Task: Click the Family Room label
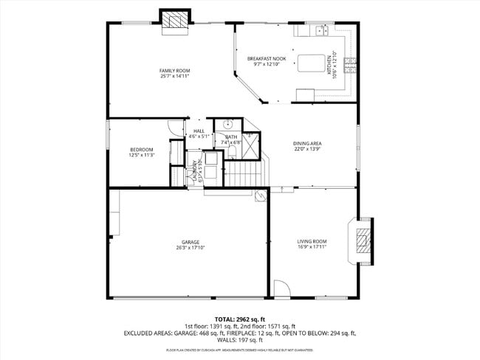click(171, 71)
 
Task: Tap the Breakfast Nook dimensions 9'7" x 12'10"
click(267, 64)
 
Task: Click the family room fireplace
click(175, 21)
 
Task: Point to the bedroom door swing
click(174, 127)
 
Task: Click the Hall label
click(199, 131)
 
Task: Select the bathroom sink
click(229, 124)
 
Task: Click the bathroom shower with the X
click(252, 148)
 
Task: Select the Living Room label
click(312, 241)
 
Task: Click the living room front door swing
click(281, 289)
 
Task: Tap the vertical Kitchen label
click(334, 64)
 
